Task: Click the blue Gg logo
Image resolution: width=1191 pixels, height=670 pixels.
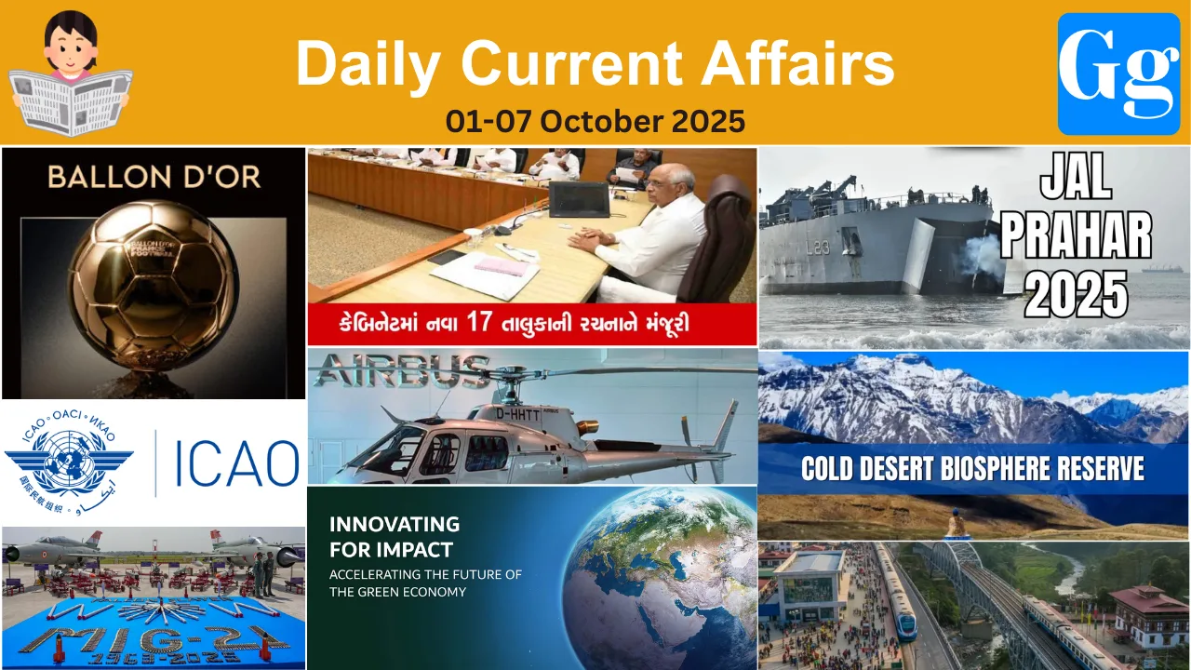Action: (1118, 74)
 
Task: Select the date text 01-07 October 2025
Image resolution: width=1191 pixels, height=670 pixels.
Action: (595, 121)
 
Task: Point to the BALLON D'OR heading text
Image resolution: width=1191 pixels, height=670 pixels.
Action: (154, 177)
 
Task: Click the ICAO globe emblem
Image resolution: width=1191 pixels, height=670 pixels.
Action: (68, 462)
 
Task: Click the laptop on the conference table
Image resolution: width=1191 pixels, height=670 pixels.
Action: (579, 199)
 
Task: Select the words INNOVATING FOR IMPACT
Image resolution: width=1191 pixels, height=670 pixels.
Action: (395, 536)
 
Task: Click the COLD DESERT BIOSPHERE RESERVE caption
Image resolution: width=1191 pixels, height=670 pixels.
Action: (972, 468)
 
